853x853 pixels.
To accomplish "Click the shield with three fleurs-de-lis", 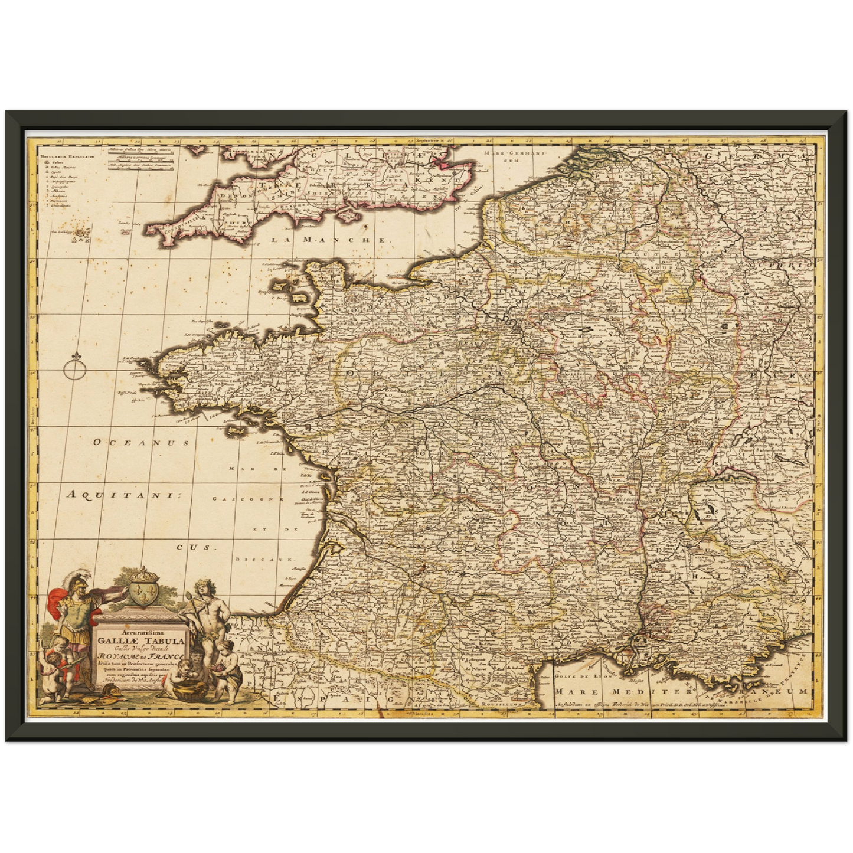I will click(140, 594).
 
